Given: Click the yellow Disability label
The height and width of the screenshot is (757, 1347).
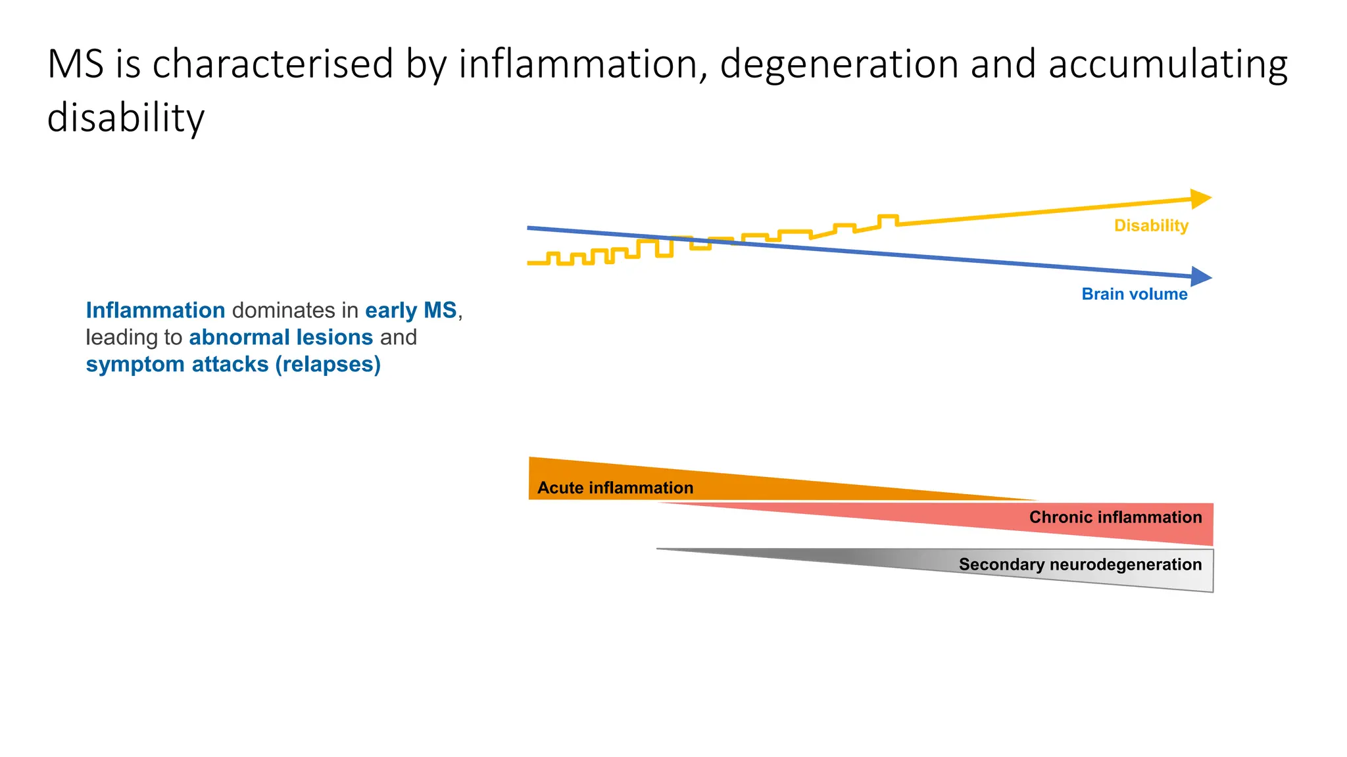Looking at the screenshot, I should (x=1151, y=225).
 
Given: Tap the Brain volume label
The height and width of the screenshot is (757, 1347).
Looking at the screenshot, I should (x=1134, y=294).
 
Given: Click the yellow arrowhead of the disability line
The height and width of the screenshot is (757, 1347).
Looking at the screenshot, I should (x=1201, y=198).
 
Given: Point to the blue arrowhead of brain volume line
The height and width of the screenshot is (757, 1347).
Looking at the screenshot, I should (x=1201, y=277).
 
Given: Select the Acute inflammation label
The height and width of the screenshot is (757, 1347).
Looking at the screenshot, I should (x=615, y=488).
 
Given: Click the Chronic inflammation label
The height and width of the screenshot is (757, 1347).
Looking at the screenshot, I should (x=1115, y=517).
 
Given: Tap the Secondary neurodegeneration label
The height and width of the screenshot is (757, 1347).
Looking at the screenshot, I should (x=1079, y=564).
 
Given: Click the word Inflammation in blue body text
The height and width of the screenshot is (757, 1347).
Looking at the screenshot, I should (x=155, y=310).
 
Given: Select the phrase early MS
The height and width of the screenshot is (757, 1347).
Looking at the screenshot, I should (x=410, y=310).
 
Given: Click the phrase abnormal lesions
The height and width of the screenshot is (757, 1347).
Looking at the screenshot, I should (x=281, y=337).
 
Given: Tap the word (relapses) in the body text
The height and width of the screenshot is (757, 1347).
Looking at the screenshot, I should (x=328, y=364).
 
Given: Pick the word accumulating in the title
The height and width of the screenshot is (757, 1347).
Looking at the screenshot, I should (x=1167, y=64).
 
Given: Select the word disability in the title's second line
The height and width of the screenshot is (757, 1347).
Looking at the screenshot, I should (x=126, y=118).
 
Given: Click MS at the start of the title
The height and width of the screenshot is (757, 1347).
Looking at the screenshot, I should (x=76, y=64).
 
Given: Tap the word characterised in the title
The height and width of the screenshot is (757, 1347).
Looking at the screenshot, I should (x=273, y=64).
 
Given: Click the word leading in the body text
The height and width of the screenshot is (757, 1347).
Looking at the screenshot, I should (x=122, y=337).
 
